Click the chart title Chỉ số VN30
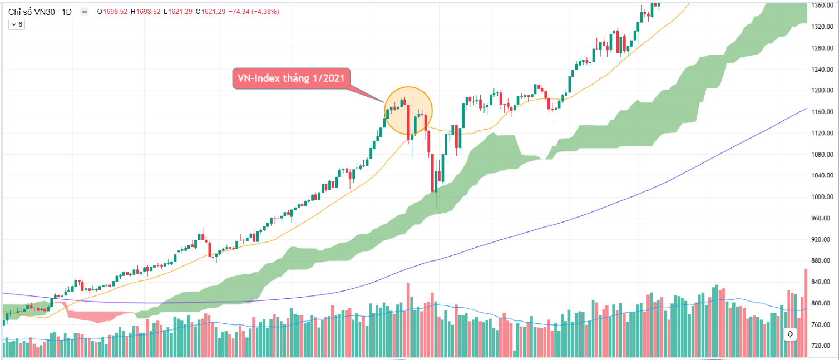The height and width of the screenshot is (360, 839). tap(32, 12)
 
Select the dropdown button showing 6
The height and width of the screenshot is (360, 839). tap(17, 24)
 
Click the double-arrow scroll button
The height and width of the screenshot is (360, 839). tap(790, 334)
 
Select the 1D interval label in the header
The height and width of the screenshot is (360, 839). tap(66, 12)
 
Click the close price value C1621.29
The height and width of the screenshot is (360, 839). tap(213, 12)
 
